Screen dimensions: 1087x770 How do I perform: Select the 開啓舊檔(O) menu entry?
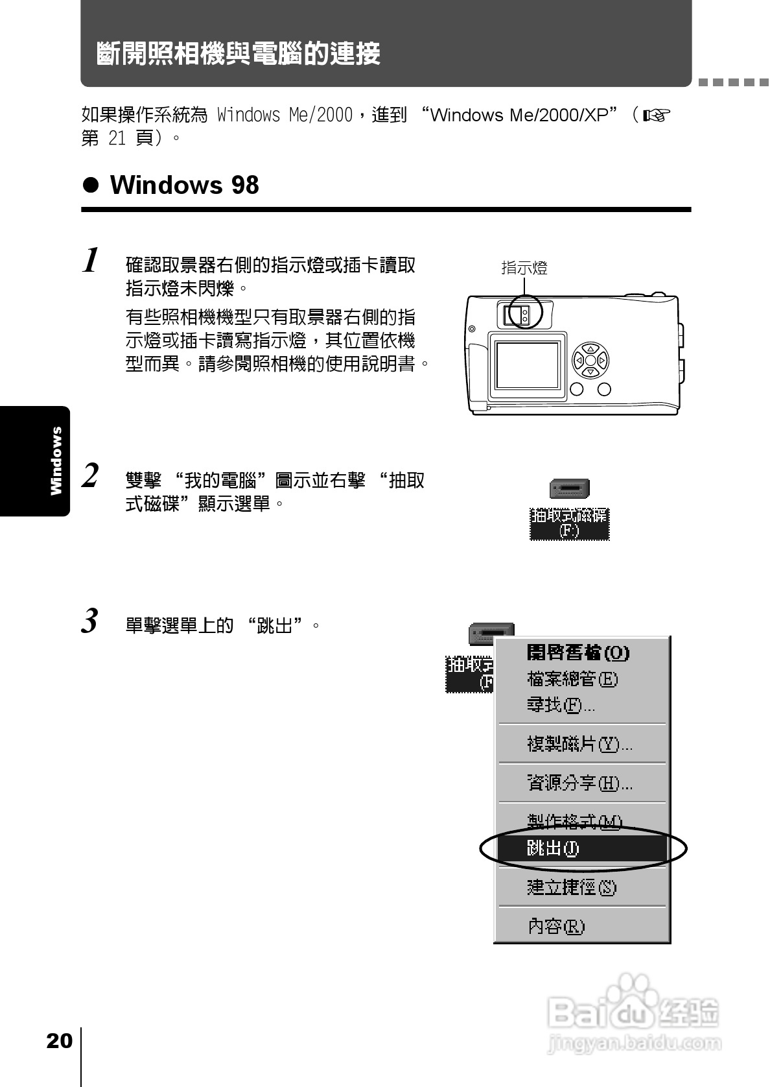click(577, 652)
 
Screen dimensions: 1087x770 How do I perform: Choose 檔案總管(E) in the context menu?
click(572, 679)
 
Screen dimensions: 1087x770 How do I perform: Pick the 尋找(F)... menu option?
click(561, 705)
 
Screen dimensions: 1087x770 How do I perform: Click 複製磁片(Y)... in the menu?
click(579, 744)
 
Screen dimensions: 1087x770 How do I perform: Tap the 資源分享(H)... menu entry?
click(579, 783)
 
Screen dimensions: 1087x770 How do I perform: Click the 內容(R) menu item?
click(556, 926)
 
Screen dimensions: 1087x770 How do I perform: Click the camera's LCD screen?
click(527, 366)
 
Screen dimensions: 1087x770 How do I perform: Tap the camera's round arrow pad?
click(590, 360)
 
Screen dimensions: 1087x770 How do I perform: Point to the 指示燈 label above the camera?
click(524, 268)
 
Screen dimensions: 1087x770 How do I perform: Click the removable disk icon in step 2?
click(569, 489)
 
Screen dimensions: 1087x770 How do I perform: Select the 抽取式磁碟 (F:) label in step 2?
click(569, 523)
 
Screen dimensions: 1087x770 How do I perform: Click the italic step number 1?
click(91, 261)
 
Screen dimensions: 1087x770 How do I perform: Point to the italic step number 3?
click(90, 621)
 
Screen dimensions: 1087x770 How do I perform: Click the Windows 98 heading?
click(184, 185)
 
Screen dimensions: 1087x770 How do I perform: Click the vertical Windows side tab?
click(56, 460)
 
